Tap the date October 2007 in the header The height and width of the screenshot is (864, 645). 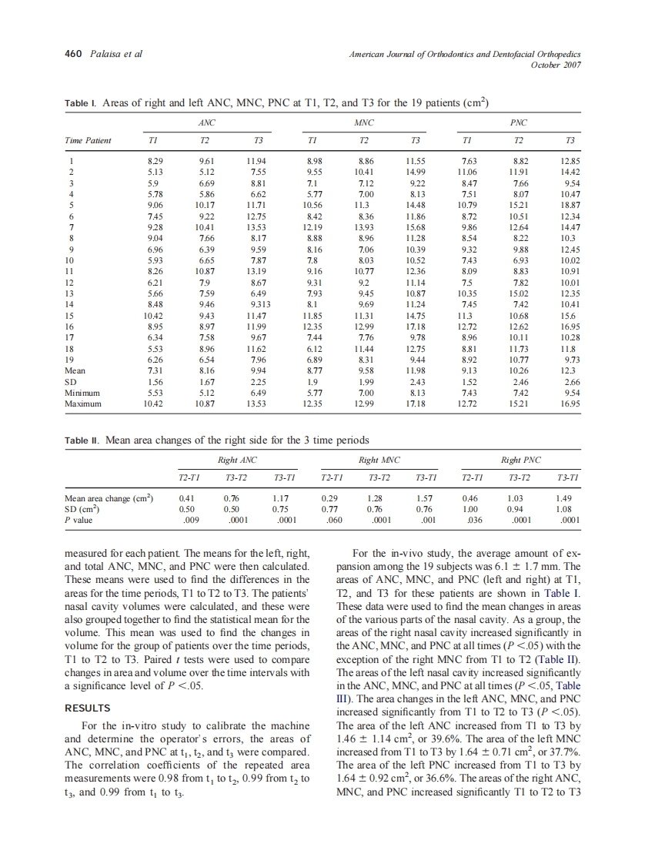point(556,65)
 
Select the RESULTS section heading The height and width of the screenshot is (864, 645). point(88,708)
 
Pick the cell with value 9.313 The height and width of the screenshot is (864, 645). point(259,304)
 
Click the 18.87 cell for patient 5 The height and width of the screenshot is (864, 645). point(569,206)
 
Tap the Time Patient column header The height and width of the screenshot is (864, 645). point(88,140)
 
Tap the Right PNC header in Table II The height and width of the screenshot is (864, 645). point(521,460)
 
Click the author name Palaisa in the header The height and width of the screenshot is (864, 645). point(107,54)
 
